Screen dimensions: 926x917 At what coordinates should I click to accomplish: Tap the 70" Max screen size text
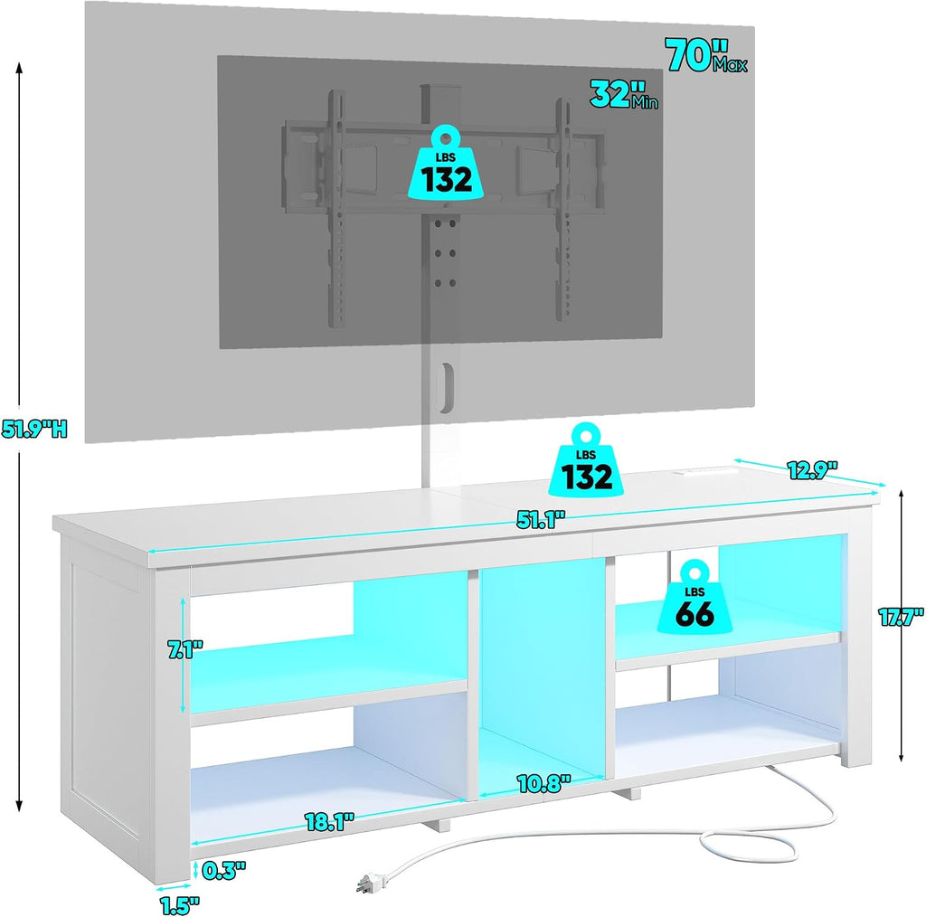coord(706,55)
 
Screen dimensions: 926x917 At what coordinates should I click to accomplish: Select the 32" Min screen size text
coord(624,94)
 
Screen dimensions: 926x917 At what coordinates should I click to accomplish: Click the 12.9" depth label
coord(813,469)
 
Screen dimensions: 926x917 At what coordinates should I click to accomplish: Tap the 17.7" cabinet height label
coord(901,618)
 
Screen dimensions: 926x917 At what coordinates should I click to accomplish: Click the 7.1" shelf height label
coord(185,651)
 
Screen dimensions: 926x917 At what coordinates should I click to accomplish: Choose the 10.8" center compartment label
coord(543,783)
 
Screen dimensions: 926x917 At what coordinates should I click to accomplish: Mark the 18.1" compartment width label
coord(329,821)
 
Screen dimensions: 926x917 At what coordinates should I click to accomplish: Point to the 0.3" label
coord(223,870)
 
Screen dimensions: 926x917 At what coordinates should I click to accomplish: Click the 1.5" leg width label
coord(180,905)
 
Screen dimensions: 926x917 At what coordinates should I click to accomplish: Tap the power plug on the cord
coord(366,884)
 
